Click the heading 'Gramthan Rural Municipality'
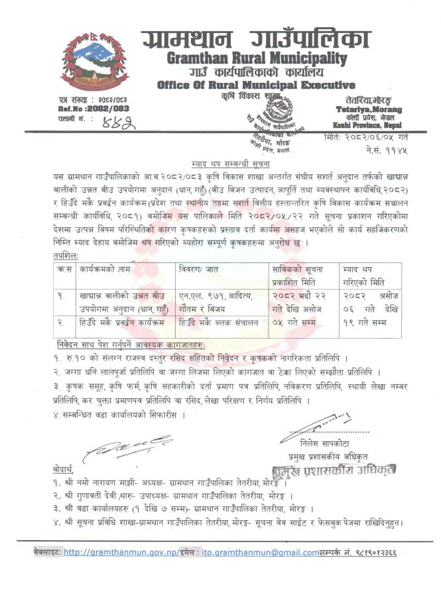(x=245, y=58)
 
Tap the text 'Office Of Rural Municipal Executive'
(x=247, y=85)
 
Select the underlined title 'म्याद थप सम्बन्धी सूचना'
(x=220, y=162)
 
